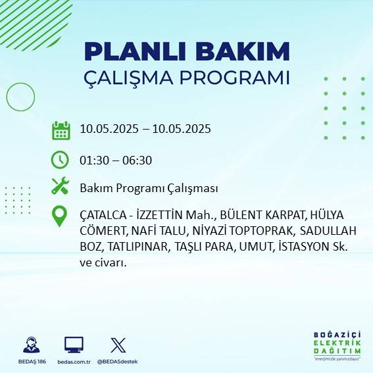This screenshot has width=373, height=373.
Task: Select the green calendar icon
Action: tap(61, 130)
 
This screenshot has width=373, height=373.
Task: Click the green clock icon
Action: tap(60, 159)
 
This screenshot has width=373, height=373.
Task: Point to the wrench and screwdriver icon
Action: tap(60, 187)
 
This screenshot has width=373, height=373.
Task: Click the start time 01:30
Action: tap(93, 160)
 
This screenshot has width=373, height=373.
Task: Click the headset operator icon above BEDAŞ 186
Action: tap(31, 345)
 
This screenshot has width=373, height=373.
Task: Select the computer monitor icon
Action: tap(74, 345)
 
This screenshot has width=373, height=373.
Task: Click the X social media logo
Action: tap(118, 345)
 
